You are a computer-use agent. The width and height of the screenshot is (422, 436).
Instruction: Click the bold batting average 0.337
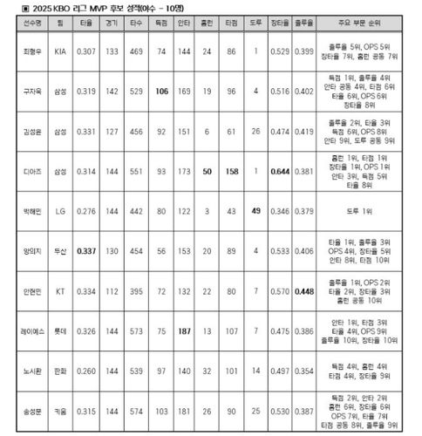pos(86,251)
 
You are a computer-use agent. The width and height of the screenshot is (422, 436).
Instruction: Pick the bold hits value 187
pos(184,331)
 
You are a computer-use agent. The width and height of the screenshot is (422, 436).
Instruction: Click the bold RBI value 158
pos(231,172)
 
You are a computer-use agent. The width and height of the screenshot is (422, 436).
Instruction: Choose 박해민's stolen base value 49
pos(255,211)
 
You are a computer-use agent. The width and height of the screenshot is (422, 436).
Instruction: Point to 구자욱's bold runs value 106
pos(160,92)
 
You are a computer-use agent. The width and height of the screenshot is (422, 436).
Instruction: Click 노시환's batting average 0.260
pos(86,371)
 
